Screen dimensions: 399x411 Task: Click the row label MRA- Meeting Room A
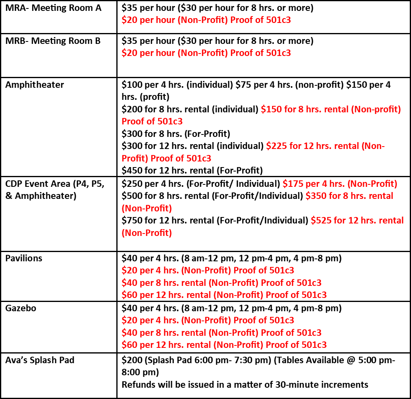[53, 8]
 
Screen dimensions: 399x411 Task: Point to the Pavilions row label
[24, 258]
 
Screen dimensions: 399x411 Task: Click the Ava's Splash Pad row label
[39, 360]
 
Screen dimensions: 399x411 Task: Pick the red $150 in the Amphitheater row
[271, 109]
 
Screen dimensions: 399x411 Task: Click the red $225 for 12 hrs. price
[276, 146]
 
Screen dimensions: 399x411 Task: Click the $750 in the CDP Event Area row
[132, 221]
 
